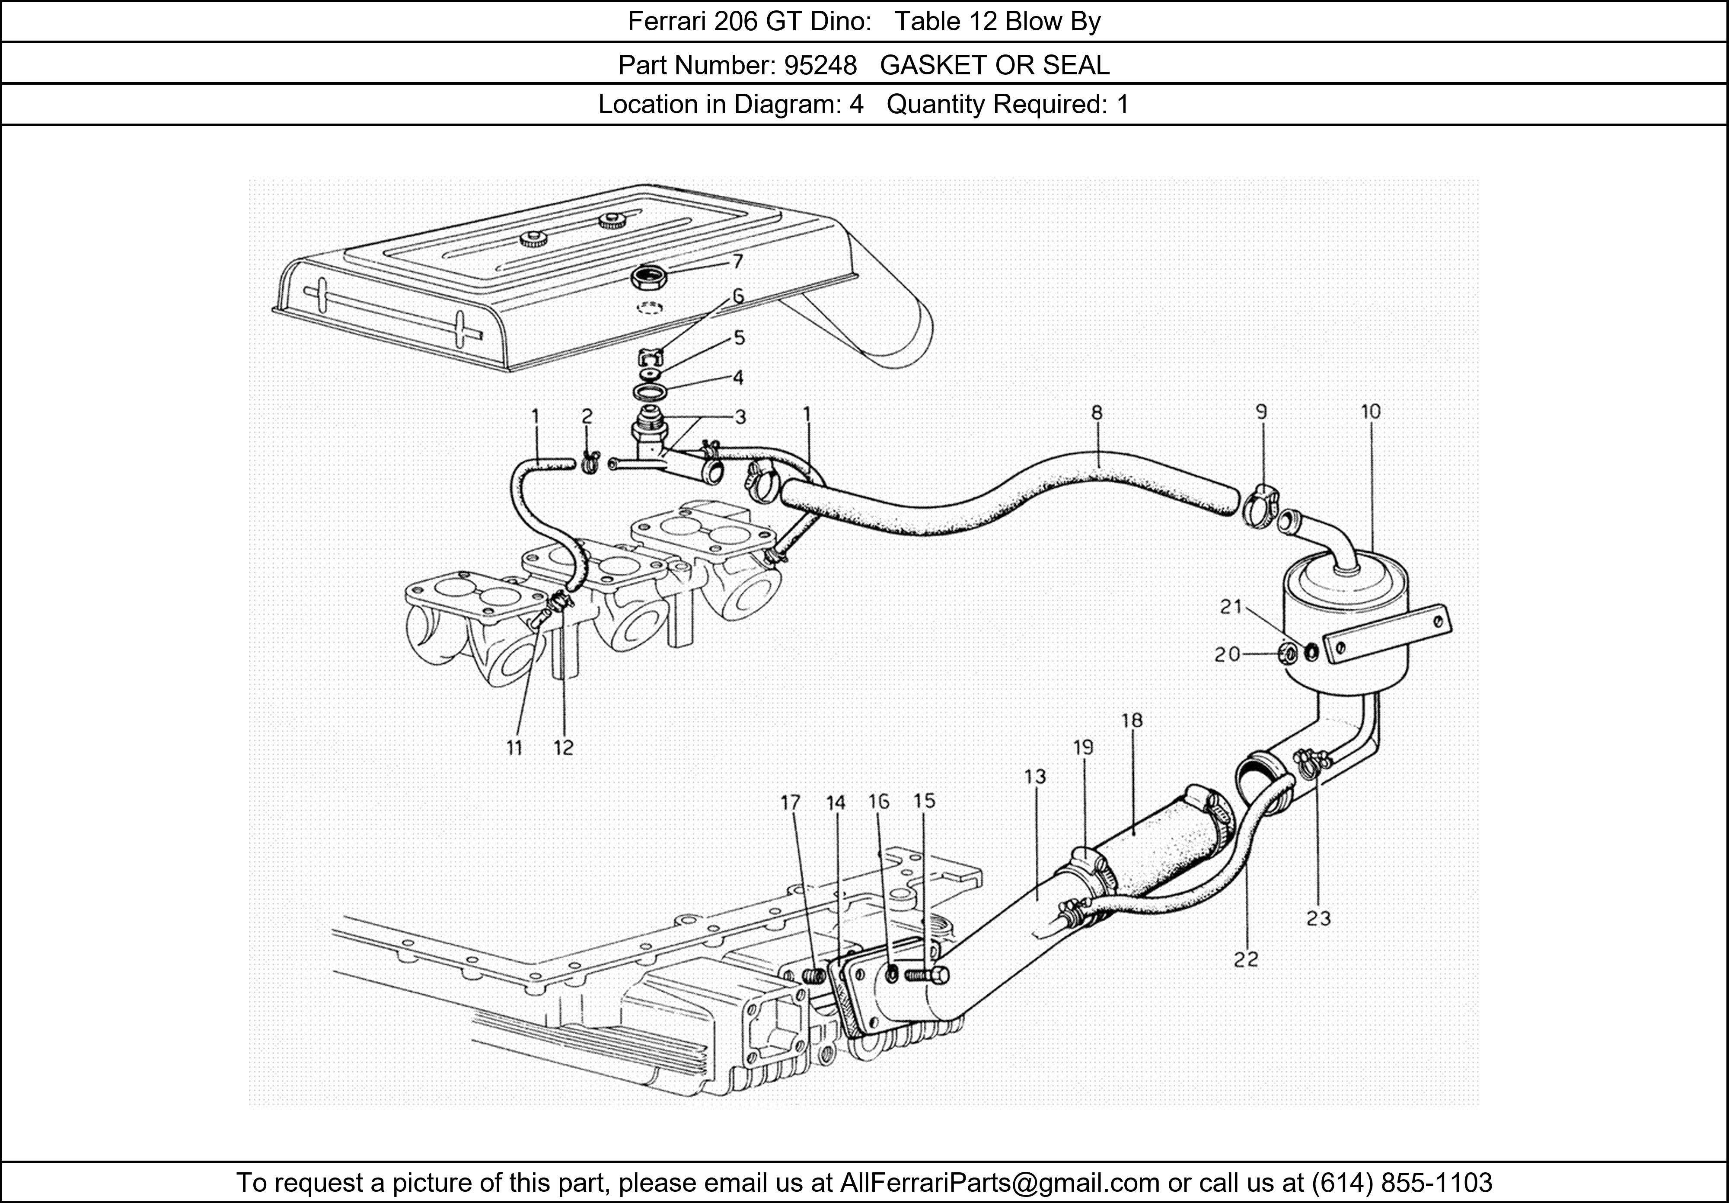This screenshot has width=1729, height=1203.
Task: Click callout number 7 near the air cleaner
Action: (737, 261)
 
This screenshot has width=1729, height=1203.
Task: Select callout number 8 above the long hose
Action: (1097, 413)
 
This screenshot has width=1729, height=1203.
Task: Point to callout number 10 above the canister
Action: (1371, 412)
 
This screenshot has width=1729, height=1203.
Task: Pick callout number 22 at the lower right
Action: (1246, 959)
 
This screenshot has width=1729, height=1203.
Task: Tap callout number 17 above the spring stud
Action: (791, 803)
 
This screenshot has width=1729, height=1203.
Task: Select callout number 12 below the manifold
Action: (563, 748)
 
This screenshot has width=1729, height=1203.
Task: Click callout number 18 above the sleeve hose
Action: (1132, 720)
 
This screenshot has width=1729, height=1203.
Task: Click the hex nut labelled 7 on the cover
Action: (649, 279)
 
